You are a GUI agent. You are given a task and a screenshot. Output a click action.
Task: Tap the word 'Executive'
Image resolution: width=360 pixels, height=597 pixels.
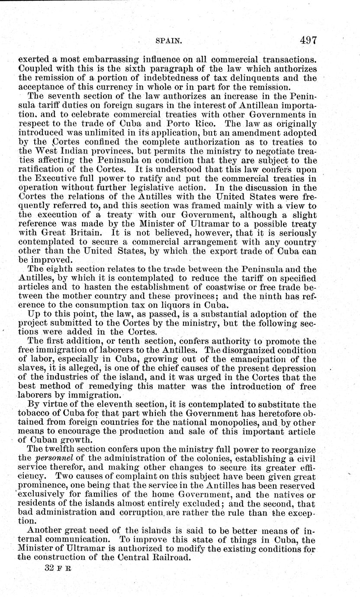click(55, 178)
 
